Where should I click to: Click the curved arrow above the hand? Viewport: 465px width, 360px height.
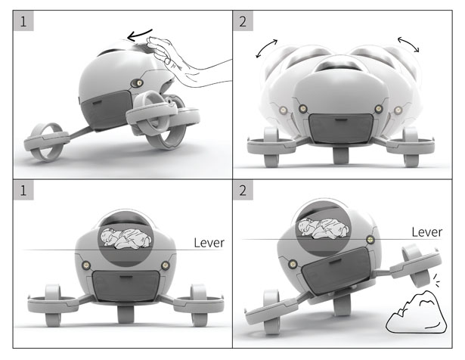point(139,35)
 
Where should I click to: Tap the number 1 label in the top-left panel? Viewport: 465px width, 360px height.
point(23,21)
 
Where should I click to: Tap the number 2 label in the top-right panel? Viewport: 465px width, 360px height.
point(243,21)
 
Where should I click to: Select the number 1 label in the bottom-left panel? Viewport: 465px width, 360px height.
point(23,190)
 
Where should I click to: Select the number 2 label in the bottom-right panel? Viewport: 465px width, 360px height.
point(243,190)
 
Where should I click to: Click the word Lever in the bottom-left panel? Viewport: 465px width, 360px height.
point(209,243)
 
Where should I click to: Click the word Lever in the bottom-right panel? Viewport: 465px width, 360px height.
point(427,232)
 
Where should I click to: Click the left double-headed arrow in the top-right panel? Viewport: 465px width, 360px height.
point(266,48)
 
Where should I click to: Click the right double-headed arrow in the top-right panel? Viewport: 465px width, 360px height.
point(408,44)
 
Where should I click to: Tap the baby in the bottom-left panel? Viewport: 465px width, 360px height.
point(126,238)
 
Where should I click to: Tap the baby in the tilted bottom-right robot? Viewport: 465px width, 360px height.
point(324,228)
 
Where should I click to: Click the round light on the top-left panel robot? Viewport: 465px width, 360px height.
point(137,83)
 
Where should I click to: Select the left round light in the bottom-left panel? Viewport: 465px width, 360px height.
point(86,265)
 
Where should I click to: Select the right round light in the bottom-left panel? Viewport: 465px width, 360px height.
point(165,265)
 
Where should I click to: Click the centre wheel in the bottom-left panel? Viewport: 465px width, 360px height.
point(126,314)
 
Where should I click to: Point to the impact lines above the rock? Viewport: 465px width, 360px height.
point(436,280)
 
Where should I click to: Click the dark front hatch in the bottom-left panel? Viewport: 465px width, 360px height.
point(126,285)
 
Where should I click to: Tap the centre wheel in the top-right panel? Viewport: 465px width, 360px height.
point(341,155)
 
